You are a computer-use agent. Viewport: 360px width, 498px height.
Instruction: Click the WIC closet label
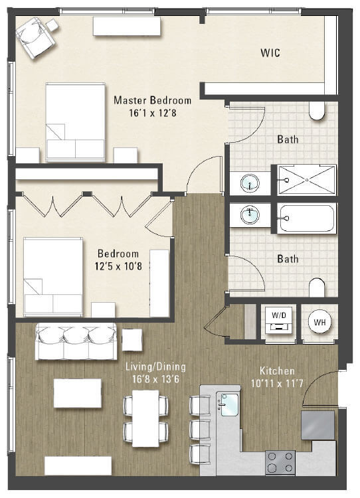click(270, 52)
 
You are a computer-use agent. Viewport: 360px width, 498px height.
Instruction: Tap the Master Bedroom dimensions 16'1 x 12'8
click(153, 113)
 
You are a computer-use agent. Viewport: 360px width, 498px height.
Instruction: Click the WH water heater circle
click(319, 322)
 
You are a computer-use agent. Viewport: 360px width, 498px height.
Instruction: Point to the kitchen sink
click(228, 405)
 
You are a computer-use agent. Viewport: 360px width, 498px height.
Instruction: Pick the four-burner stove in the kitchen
click(280, 462)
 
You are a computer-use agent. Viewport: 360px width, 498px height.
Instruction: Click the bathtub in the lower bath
click(306, 218)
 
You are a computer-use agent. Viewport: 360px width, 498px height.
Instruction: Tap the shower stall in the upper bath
click(307, 180)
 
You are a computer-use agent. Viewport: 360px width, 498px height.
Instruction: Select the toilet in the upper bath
click(317, 111)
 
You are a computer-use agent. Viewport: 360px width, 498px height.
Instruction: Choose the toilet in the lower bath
click(317, 288)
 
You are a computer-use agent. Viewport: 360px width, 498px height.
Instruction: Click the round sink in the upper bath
click(250, 183)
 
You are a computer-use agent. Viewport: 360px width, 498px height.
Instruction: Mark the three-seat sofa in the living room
click(76, 341)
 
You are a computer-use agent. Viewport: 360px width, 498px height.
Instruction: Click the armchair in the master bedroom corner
click(35, 37)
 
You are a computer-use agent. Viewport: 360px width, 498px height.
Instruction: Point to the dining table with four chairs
click(146, 418)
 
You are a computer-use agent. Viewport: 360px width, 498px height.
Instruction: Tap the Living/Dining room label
click(155, 367)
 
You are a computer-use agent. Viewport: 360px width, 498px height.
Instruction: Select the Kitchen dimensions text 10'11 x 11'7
click(277, 383)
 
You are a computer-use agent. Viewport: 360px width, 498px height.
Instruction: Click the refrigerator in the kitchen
click(317, 425)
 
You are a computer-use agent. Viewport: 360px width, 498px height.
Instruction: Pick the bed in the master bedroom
click(75, 122)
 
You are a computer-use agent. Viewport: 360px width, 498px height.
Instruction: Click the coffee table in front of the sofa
click(78, 393)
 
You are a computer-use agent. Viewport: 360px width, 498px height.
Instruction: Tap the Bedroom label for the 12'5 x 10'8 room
click(118, 254)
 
